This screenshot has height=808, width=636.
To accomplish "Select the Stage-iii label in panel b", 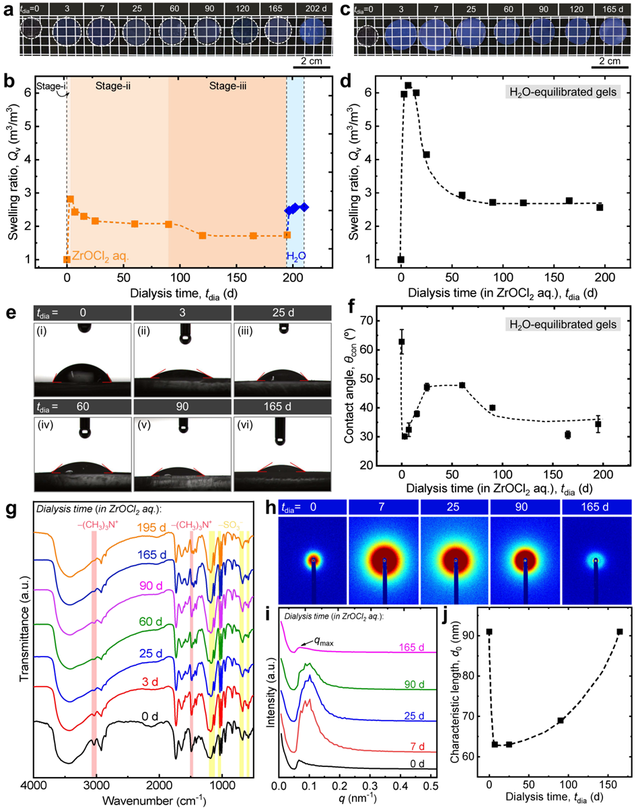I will (x=227, y=86).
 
